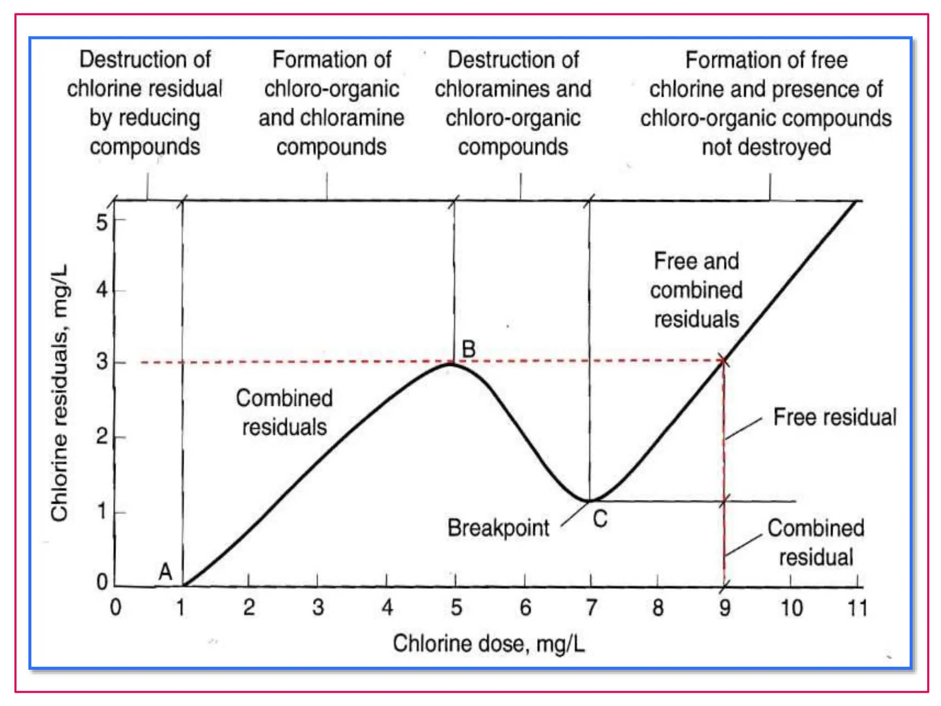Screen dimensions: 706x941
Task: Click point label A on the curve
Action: (165, 572)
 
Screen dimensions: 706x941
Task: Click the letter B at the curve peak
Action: (468, 349)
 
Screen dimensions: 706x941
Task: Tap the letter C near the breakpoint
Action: (600, 519)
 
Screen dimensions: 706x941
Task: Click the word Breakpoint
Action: (498, 528)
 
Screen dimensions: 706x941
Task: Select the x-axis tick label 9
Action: (725, 608)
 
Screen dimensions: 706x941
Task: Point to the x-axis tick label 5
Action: (456, 608)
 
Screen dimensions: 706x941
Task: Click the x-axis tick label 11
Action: (857, 608)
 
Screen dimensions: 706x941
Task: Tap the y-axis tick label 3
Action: (102, 362)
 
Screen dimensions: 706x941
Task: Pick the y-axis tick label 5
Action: (102, 222)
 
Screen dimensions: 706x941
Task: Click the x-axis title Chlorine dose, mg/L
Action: (489, 643)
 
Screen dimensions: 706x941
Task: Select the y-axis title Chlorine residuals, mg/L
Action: (59, 393)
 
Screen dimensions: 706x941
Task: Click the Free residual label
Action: (834, 417)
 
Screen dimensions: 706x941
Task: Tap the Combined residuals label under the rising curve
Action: (284, 412)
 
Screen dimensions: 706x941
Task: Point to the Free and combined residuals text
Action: (696, 290)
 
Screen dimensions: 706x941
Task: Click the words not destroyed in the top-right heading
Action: (766, 147)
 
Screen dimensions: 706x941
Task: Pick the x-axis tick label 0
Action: (115, 608)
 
